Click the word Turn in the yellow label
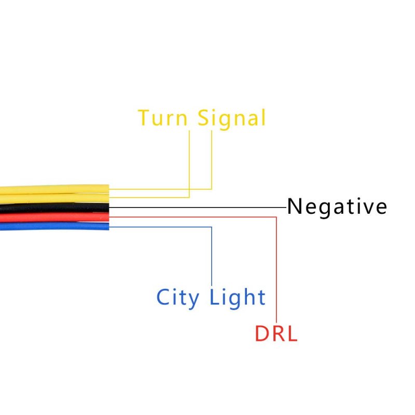tap(163, 118)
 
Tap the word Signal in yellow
tap(231, 119)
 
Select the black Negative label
tap(337, 208)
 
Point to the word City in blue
tap(177, 298)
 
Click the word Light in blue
tap(238, 298)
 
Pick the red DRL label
tap(276, 334)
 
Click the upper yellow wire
tap(54, 189)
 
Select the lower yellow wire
tap(54, 199)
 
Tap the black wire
tap(54, 208)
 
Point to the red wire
tap(54, 217)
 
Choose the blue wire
tap(54, 226)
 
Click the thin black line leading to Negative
tap(198, 208)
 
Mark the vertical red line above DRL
tap(276, 270)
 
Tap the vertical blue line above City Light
tap(212, 256)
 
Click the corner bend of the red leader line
tap(276, 217)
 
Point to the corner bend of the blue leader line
tap(212, 227)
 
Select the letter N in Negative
tap(295, 206)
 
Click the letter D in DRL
tap(262, 334)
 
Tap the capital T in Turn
tap(144, 117)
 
